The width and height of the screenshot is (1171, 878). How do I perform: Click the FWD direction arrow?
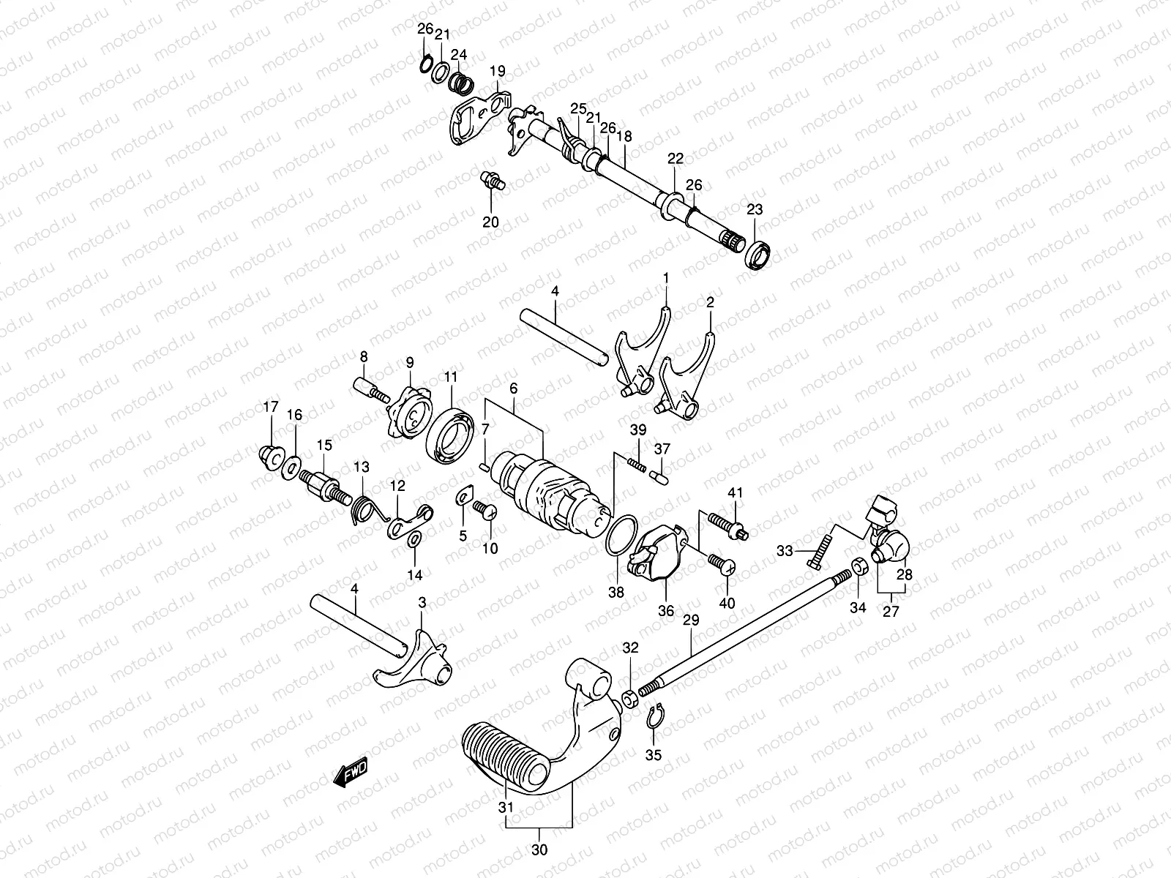[x=351, y=773]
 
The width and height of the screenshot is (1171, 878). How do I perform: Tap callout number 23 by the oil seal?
[x=755, y=209]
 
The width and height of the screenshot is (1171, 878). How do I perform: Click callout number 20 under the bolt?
[x=490, y=222]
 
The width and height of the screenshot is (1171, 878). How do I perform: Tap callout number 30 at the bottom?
[x=539, y=850]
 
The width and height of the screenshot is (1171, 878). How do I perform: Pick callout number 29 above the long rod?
[x=691, y=620]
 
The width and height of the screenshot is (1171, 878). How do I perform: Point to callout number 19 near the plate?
[x=498, y=71]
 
